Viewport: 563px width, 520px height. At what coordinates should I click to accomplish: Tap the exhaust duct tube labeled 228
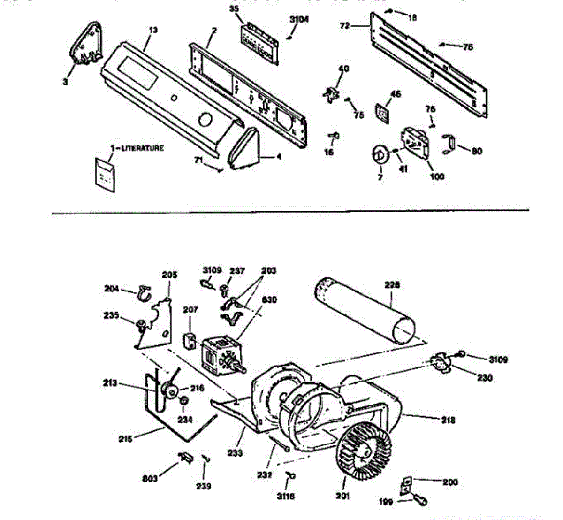tap(366, 310)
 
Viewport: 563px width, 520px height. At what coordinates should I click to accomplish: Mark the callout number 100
tap(437, 176)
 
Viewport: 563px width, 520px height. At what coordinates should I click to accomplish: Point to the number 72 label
tap(345, 26)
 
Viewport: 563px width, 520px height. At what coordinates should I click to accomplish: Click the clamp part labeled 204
tap(143, 293)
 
